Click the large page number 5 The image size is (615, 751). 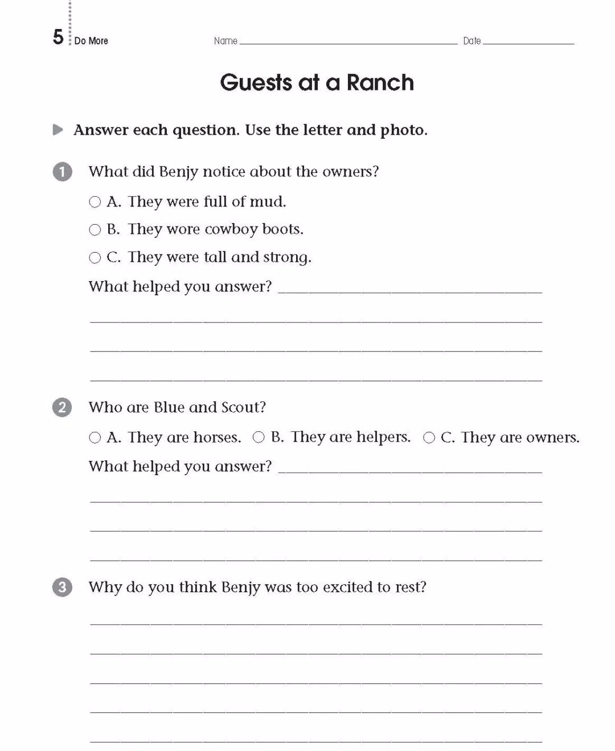point(58,38)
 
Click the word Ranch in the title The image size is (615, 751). point(380,82)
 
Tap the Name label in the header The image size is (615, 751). point(225,41)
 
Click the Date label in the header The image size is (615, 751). point(471,41)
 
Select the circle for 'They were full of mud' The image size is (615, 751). point(95,202)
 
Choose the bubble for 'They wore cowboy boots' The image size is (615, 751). point(95,230)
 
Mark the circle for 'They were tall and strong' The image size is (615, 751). point(95,258)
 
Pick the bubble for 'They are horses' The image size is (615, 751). point(95,438)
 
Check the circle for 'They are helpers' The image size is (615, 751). point(259,437)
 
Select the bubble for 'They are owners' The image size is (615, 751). point(429,438)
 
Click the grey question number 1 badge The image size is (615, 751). point(63,172)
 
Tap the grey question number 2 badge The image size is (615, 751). point(62,407)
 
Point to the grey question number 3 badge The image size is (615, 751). point(62,587)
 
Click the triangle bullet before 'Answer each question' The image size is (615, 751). point(58,130)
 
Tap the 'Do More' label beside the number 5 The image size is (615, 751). point(91,41)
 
